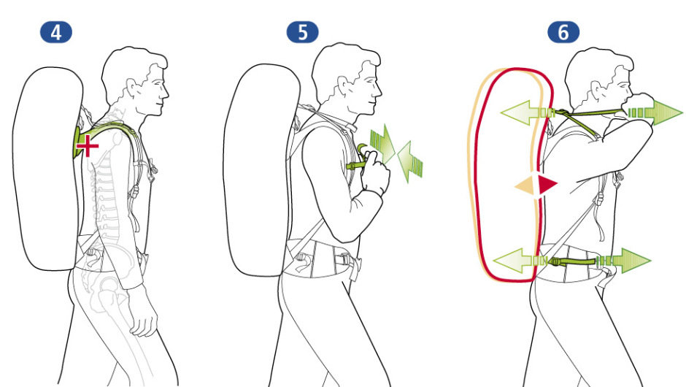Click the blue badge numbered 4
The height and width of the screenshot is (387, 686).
click(x=56, y=32)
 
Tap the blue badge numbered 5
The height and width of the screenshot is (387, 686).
click(x=302, y=32)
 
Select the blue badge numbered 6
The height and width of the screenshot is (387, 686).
click(x=563, y=32)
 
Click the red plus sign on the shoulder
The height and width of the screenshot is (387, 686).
click(x=88, y=146)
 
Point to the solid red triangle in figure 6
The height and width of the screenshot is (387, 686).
click(x=547, y=184)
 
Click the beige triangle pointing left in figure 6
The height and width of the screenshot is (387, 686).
click(x=525, y=185)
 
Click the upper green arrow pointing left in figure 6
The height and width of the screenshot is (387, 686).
click(x=528, y=113)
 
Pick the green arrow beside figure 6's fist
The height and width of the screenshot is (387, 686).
click(x=655, y=112)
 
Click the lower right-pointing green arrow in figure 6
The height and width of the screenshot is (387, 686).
click(x=624, y=261)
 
